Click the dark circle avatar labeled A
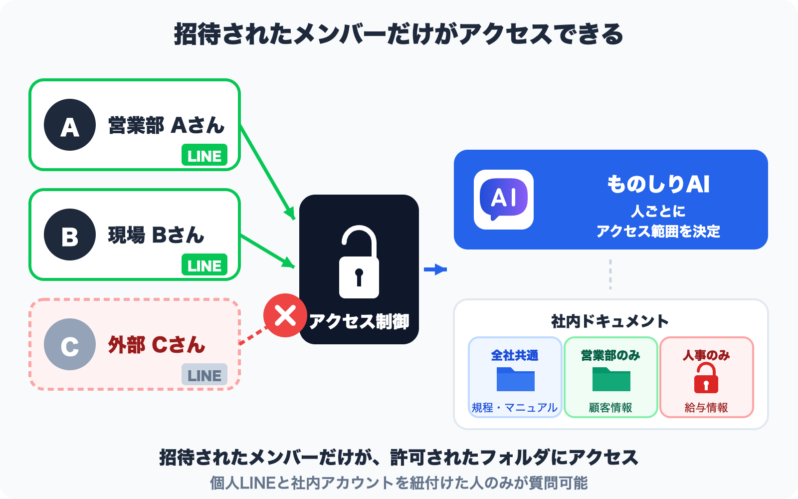pyautogui.click(x=70, y=125)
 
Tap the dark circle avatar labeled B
pyautogui.click(x=70, y=235)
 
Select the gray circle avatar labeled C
pyautogui.click(x=70, y=344)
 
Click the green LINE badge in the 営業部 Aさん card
pyautogui.click(x=204, y=155)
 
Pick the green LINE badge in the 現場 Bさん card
pyautogui.click(x=204, y=265)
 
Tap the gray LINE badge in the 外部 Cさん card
pyautogui.click(x=204, y=375)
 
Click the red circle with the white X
pyautogui.click(x=285, y=315)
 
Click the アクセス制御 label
pyautogui.click(x=359, y=321)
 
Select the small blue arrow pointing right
pyautogui.click(x=435, y=269)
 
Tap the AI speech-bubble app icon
pyautogui.click(x=504, y=200)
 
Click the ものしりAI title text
pyautogui.click(x=658, y=184)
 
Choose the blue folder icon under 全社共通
pyautogui.click(x=515, y=379)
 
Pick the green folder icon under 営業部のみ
pyautogui.click(x=611, y=379)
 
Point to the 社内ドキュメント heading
pyautogui.click(x=610, y=321)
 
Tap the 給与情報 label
pyautogui.click(x=706, y=408)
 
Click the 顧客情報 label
pyautogui.click(x=610, y=408)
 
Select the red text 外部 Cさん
pyautogui.click(x=157, y=345)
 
